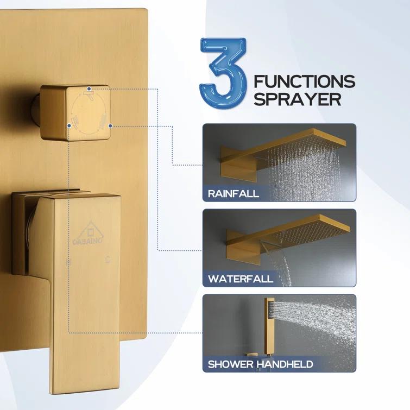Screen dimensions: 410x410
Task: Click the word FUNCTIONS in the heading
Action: point(305,82)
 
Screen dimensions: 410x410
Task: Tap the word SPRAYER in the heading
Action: point(297,99)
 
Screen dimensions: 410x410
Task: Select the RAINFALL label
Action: point(234,193)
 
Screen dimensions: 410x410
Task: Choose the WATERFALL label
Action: point(241,279)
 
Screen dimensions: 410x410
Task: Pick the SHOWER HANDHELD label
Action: point(260,364)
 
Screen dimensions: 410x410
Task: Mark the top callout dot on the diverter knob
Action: point(90,87)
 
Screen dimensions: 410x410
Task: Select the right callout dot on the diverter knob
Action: point(110,125)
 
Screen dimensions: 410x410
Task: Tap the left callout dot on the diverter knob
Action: point(70,125)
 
